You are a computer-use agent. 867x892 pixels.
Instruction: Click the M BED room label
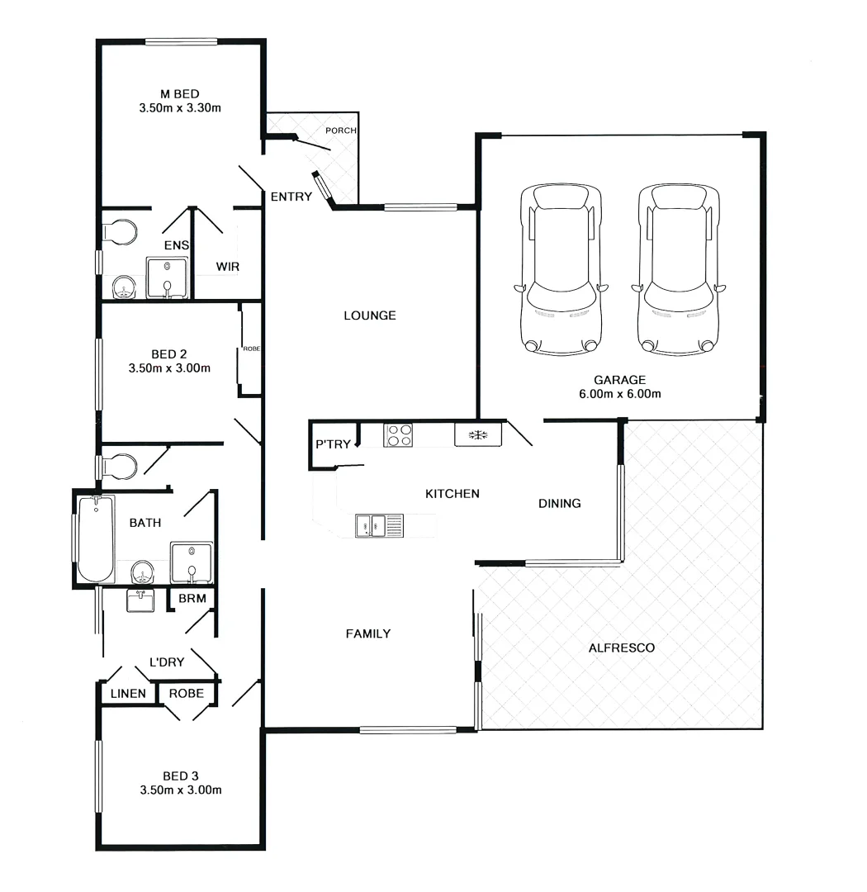click(180, 93)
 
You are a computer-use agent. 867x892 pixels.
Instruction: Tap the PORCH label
click(340, 130)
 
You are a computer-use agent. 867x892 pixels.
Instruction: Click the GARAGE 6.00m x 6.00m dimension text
click(620, 394)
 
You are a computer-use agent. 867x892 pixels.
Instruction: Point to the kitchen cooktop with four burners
click(398, 434)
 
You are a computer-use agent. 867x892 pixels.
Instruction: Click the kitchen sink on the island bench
click(379, 524)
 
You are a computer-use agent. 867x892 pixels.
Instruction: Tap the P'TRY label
click(333, 444)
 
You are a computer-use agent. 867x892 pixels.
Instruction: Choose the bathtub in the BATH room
click(95, 539)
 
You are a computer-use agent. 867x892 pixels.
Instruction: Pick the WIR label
click(227, 267)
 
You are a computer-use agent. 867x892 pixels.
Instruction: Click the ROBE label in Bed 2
click(251, 349)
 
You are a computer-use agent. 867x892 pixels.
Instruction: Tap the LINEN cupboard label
click(128, 693)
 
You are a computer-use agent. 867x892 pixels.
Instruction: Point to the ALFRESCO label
click(621, 648)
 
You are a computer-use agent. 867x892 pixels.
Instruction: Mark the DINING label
click(559, 503)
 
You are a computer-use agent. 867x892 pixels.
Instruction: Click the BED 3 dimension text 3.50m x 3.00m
click(181, 790)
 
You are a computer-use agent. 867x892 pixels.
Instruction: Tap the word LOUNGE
click(370, 316)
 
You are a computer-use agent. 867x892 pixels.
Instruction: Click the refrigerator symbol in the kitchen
click(477, 434)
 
